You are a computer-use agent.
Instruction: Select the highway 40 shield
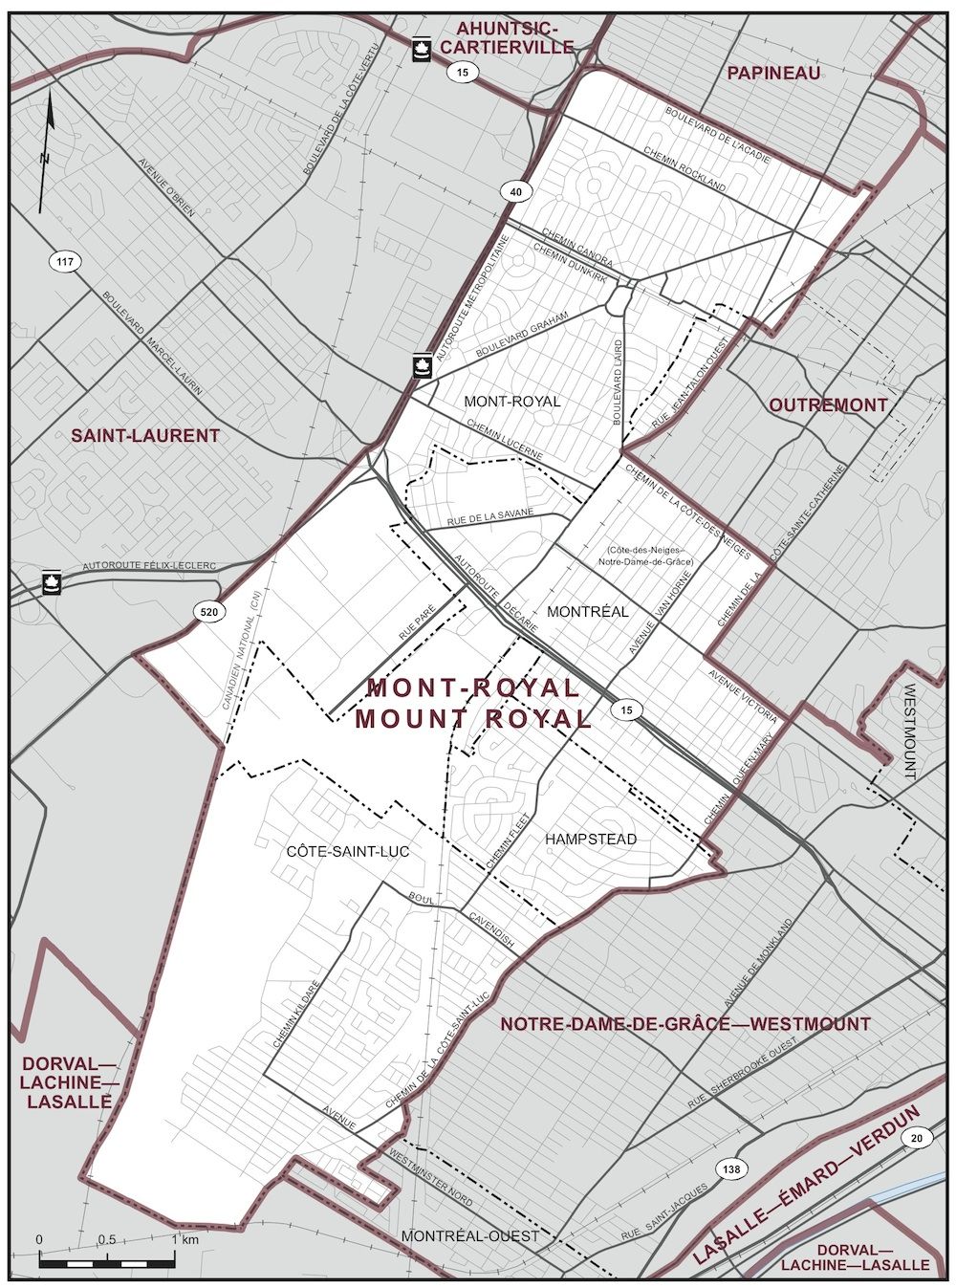pos(516,193)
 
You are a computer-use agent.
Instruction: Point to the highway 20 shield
pos(917,1137)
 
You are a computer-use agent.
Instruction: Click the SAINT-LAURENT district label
pos(145,436)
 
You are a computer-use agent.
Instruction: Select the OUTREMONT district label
pos(828,405)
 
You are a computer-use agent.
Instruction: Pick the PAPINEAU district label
pos(773,73)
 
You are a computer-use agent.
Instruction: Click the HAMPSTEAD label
pos(591,839)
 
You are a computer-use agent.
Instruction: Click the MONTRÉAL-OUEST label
pos(469,1235)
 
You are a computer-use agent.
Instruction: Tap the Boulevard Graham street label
pos(522,335)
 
